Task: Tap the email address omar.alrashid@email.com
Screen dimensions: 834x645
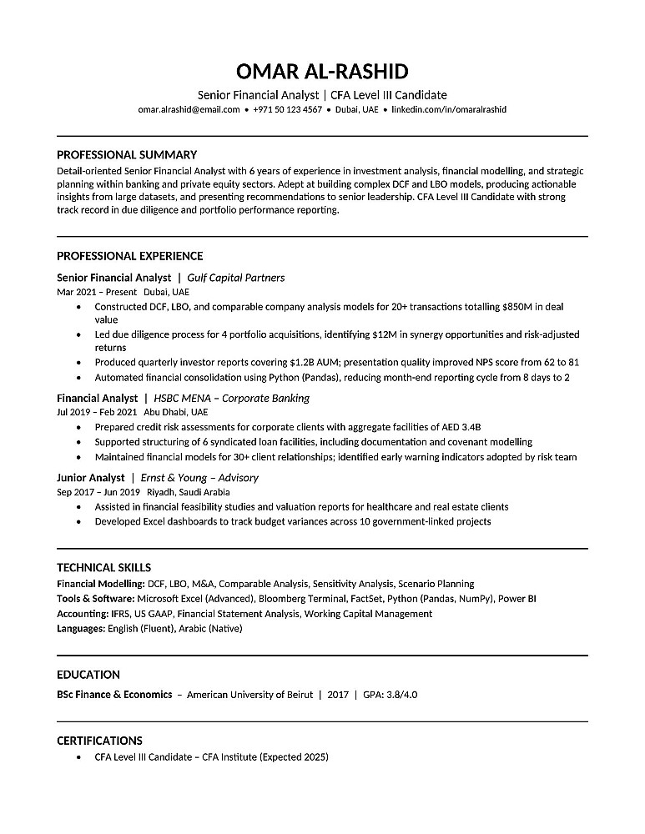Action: coord(189,109)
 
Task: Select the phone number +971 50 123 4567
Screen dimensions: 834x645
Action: coord(287,109)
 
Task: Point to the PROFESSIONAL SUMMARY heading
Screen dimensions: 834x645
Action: coord(126,154)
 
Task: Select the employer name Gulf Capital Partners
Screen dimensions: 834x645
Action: coord(236,278)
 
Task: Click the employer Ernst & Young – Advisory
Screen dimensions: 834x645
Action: coord(199,478)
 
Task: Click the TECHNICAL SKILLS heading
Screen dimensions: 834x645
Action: coord(103,568)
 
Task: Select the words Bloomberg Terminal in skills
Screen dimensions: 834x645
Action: coord(305,599)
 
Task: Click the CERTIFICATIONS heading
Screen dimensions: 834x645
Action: coord(99,741)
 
